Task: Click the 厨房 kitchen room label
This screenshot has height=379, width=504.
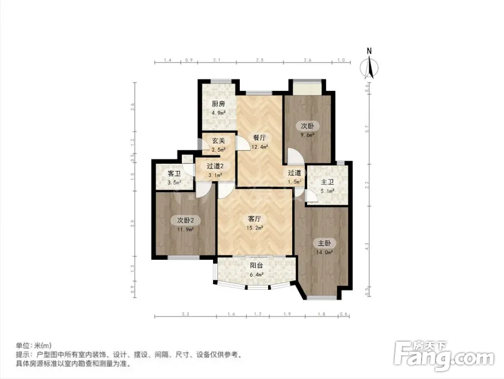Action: (218, 104)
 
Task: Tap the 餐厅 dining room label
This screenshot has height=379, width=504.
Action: (259, 138)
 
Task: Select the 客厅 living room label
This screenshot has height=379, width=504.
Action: (255, 219)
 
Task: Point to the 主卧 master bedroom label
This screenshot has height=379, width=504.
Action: (324, 243)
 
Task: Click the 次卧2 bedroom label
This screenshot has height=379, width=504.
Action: (185, 221)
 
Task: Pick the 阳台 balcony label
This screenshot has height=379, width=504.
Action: (256, 266)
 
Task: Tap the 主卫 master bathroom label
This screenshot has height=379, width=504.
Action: (327, 182)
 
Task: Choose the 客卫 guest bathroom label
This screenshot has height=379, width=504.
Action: (174, 174)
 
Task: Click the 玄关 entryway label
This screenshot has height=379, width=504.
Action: (218, 140)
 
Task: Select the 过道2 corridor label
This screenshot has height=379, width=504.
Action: (215, 166)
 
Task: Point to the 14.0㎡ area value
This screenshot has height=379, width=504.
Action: (324, 252)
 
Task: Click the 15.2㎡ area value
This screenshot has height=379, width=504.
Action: (255, 228)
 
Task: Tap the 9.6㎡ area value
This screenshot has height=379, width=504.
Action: (307, 135)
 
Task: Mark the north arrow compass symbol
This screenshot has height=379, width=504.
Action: (369, 67)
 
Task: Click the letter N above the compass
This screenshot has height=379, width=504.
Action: (369, 51)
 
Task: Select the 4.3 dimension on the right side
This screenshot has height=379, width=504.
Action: (367, 246)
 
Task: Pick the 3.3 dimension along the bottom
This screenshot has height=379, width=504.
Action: (185, 314)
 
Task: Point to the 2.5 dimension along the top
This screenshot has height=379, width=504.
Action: (260, 60)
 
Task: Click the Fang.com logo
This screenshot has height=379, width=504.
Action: (443, 355)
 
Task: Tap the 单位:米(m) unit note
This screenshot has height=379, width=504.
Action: (34, 346)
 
